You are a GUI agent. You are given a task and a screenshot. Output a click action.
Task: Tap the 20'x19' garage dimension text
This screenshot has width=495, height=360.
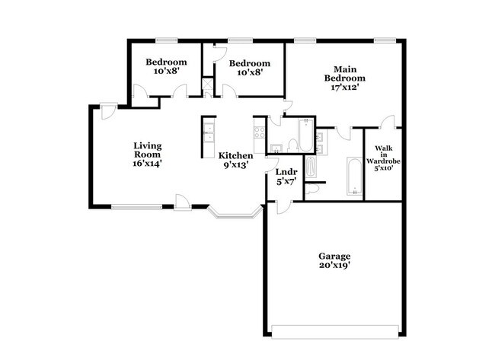pos(334,266)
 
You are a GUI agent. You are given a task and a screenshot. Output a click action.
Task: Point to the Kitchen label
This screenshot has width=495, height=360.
pos(236,155)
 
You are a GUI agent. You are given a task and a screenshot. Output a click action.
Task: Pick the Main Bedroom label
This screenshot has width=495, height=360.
pos(345,73)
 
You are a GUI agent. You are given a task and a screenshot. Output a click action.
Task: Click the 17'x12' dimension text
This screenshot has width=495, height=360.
pos(345,87)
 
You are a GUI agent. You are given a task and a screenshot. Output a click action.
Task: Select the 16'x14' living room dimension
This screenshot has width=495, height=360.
pos(148,163)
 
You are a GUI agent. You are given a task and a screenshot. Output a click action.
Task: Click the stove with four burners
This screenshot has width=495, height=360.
pos(259,135)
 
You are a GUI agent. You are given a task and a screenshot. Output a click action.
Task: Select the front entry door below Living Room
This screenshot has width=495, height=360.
pos(182,201)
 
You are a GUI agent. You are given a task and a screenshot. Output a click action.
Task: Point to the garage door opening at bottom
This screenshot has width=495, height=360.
pos(334,332)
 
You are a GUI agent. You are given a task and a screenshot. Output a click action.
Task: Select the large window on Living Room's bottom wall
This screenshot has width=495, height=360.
pos(137,206)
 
